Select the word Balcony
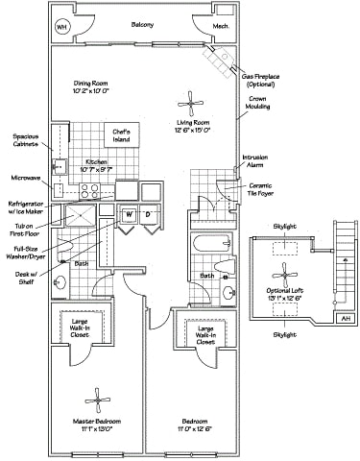142,23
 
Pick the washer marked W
128,212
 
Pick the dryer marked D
149,212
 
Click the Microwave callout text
27,177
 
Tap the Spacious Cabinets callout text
27,141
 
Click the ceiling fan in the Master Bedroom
96,400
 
